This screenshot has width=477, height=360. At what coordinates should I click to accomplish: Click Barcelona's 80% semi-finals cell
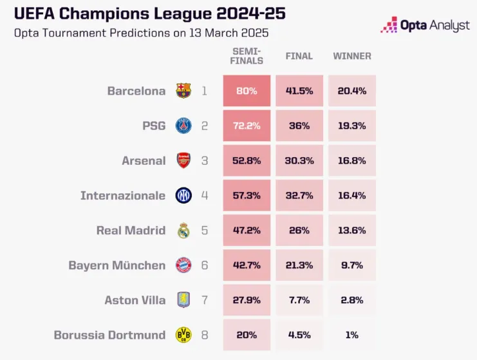pyautogui.click(x=247, y=91)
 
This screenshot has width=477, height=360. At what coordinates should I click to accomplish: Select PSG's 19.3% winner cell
pyautogui.click(x=351, y=126)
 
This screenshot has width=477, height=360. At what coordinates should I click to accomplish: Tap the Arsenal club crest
pyautogui.click(x=183, y=160)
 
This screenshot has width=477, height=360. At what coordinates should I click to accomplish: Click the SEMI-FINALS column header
pyautogui.click(x=247, y=56)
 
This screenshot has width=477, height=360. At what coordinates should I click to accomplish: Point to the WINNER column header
pyautogui.click(x=351, y=56)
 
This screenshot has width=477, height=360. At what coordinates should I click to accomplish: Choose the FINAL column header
pyautogui.click(x=299, y=56)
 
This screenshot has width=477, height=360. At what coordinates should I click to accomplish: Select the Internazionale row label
pyautogui.click(x=122, y=195)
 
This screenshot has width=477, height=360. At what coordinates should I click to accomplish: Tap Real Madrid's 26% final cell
pyautogui.click(x=299, y=230)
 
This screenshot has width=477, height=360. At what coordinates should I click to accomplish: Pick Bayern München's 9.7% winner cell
pyautogui.click(x=351, y=265)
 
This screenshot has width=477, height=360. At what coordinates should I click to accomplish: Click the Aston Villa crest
pyautogui.click(x=183, y=299)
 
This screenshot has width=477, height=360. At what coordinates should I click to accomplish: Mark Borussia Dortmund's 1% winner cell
pyautogui.click(x=351, y=334)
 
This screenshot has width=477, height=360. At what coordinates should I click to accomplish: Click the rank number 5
pyautogui.click(x=204, y=230)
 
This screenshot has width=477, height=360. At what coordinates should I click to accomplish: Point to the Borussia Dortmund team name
pyautogui.click(x=109, y=334)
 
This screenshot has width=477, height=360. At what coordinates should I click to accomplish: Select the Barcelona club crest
pyautogui.click(x=183, y=91)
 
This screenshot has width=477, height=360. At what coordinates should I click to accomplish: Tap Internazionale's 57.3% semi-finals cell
pyautogui.click(x=247, y=195)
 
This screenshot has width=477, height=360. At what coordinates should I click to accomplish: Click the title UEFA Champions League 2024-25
pyautogui.click(x=149, y=14)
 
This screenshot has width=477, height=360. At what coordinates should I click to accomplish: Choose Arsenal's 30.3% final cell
pyautogui.click(x=299, y=160)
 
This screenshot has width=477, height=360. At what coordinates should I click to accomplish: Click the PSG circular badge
pyautogui.click(x=183, y=126)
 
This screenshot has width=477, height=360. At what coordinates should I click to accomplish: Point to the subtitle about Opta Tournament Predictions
pyautogui.click(x=141, y=33)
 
